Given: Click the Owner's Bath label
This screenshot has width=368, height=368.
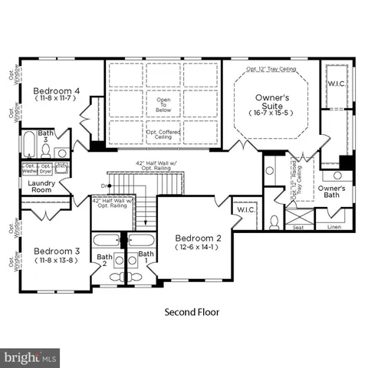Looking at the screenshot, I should point(333,191).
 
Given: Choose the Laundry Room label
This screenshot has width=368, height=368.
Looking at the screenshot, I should point(40,187).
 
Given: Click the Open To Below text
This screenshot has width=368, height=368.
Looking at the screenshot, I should point(163,102).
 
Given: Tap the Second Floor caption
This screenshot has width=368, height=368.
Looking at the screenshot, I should point(192,312).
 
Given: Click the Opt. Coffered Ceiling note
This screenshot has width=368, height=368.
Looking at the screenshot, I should point(163,134).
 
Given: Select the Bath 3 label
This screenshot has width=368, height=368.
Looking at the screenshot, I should point(47,136).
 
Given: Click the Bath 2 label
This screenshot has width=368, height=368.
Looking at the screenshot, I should point(104,261).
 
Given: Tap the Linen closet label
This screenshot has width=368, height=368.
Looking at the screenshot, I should point(333,227).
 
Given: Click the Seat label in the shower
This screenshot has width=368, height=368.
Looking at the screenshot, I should point(298,227).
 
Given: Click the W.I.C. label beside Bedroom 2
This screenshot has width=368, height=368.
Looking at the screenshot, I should point(245,210).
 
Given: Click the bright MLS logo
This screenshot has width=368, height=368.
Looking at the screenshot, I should point(30,357).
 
